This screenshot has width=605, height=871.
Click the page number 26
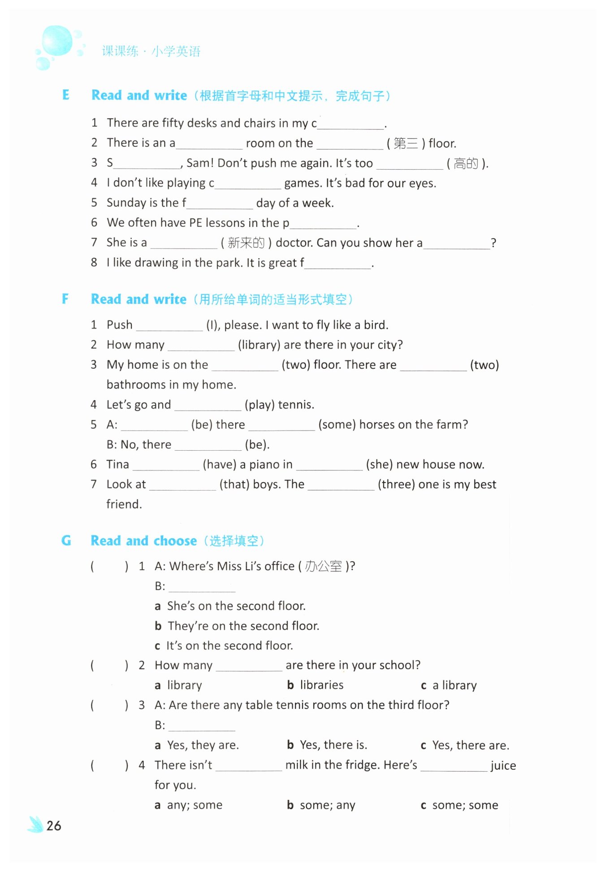54,825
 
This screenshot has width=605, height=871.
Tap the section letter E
66,95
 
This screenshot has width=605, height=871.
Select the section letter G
66,541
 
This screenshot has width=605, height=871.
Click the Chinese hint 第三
406,144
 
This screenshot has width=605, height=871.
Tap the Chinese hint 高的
466,164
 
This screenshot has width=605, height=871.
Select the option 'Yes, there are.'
470,745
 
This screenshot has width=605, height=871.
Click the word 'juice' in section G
503,766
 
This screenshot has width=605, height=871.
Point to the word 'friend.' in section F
124,504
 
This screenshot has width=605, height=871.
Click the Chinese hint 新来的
246,243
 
